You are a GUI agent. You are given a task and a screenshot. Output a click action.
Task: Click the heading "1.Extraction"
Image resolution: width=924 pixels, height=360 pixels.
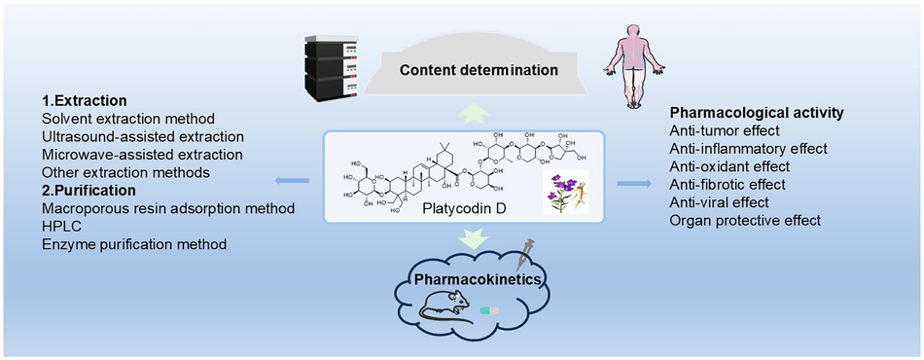pos(86,100)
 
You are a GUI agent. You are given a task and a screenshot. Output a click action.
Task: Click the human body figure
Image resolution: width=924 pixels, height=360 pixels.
pos(629,57)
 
